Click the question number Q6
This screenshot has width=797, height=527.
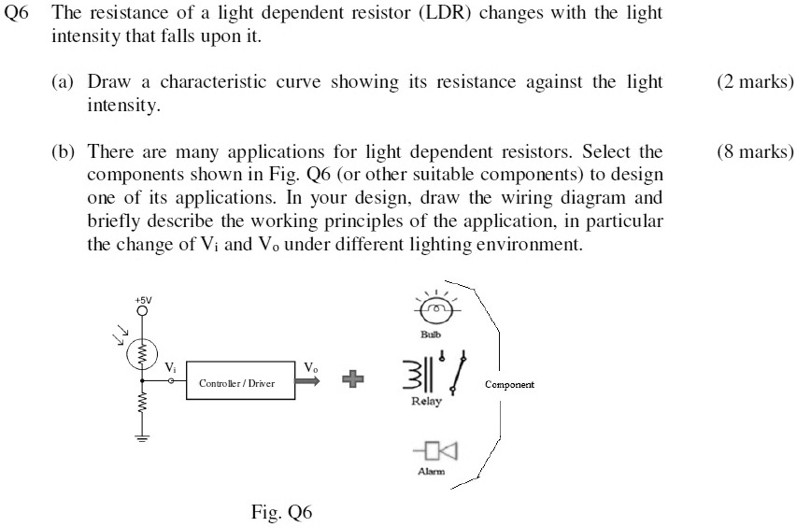18,15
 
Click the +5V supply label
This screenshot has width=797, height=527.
141,300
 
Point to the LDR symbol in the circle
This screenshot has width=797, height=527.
142,352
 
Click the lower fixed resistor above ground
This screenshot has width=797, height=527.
141,405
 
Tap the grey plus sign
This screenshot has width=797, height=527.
351,379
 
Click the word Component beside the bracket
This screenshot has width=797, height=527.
510,385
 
